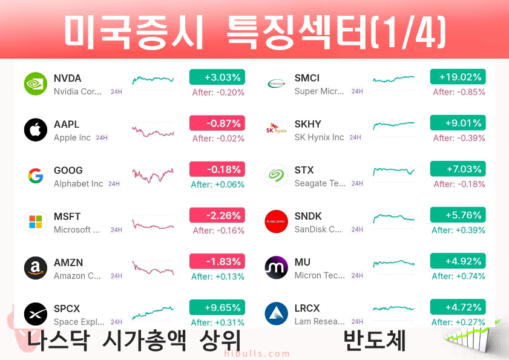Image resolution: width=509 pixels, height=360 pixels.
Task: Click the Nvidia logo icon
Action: point(36,83)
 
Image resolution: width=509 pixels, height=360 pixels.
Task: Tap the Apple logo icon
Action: point(36,130)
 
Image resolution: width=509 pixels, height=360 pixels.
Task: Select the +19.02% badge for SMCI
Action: point(458,77)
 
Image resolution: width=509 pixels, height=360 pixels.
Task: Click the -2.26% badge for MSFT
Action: point(217,215)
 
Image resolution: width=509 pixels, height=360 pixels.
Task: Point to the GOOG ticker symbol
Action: point(68,170)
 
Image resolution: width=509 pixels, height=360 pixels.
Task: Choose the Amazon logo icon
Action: point(36,268)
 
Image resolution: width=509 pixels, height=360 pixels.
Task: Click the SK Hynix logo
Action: point(276,128)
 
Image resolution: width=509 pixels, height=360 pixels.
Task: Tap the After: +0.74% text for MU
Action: point(458,276)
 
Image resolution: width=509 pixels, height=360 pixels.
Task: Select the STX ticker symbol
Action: point(304,170)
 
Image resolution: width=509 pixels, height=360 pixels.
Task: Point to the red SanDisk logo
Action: point(276,221)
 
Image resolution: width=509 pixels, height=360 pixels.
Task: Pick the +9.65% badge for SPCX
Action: point(217,307)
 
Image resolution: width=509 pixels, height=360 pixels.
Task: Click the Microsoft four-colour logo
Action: point(36,222)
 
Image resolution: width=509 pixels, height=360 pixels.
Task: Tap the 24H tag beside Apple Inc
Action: point(102,137)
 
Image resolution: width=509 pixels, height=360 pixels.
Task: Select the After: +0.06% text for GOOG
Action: point(217,185)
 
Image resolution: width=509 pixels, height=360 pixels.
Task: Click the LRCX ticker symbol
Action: point(307,308)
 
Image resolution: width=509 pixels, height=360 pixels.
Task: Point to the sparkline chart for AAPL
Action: point(153,132)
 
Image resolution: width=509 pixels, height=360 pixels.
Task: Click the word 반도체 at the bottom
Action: point(374,340)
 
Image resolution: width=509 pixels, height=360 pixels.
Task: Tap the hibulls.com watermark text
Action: point(257,353)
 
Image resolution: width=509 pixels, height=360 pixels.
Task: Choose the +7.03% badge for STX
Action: point(458,169)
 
